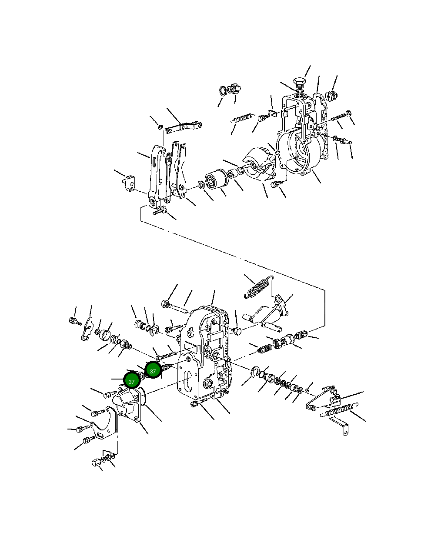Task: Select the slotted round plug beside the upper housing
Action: pyautogui.click(x=331, y=97)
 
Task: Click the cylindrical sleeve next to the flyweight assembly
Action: pyautogui.click(x=216, y=180)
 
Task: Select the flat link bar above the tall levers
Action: pyautogui.click(x=183, y=127)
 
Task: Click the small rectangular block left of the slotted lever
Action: pyautogui.click(x=130, y=183)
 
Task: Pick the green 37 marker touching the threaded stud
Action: pyautogui.click(x=153, y=371)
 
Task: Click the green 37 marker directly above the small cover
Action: pyautogui.click(x=131, y=382)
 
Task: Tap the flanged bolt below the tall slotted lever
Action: pyautogui.click(x=160, y=211)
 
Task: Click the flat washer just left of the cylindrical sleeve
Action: pyautogui.click(x=201, y=185)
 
